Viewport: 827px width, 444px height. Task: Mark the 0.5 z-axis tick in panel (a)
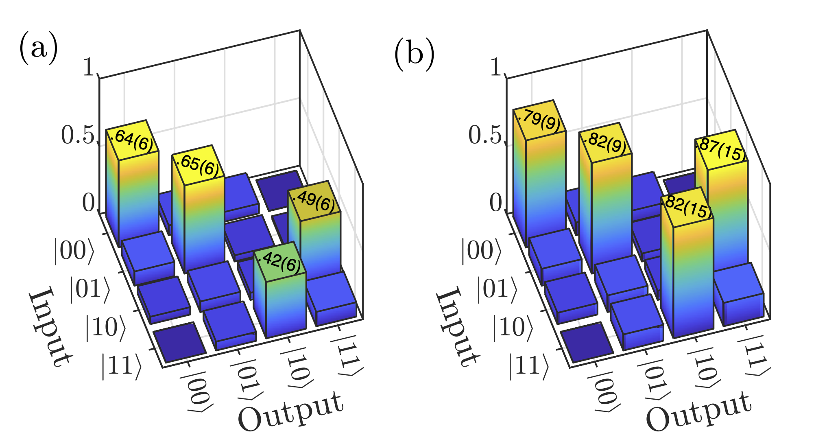coord(77,136)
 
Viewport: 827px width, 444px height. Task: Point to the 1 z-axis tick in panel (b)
coord(496,67)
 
